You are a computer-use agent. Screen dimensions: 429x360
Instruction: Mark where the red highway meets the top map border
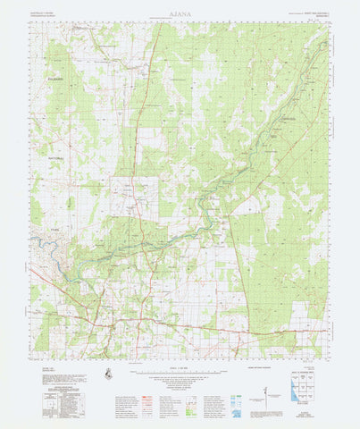click(x=156, y=23)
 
